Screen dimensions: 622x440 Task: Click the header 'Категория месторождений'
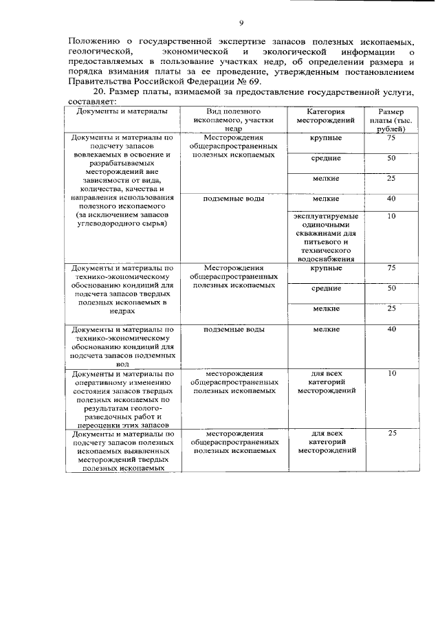click(x=324, y=115)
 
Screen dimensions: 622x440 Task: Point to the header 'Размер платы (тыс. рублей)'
click(x=391, y=120)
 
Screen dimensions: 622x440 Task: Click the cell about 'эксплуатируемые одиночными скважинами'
click(x=325, y=237)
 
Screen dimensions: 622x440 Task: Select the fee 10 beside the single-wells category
click(x=391, y=216)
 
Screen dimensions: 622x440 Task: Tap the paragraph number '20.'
click(x=100, y=93)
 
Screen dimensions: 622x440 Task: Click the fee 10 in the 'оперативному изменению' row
click(x=391, y=374)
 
